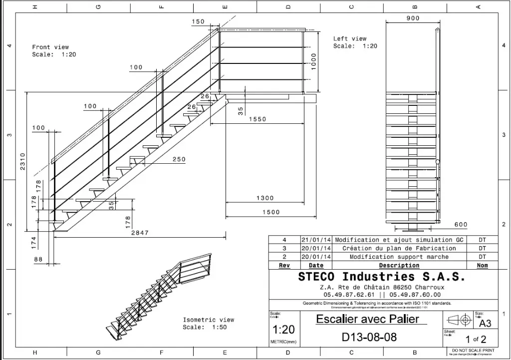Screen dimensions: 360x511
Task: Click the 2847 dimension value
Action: (x=139, y=233)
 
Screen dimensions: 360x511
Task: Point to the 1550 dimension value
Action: (x=258, y=119)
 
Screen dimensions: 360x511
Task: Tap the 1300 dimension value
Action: (x=265, y=198)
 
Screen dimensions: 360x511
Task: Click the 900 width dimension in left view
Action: (x=413, y=18)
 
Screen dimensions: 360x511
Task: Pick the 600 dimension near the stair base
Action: (x=461, y=225)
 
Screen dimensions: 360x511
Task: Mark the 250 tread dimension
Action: (x=178, y=160)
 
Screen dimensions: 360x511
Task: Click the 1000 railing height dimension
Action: (x=313, y=61)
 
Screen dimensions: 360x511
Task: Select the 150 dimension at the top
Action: (x=198, y=21)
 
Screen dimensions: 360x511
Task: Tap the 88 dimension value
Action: (x=38, y=259)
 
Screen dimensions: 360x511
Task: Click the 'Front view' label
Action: (x=50, y=47)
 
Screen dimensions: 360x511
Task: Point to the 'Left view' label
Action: (x=350, y=38)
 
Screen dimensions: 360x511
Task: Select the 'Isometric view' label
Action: (x=208, y=320)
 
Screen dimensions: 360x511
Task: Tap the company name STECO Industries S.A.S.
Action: (x=382, y=277)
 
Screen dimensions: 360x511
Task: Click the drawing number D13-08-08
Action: (x=369, y=337)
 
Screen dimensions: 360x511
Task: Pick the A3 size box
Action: (x=485, y=323)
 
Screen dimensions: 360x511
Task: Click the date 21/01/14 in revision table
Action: (x=316, y=240)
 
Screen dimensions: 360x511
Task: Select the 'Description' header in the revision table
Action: (x=399, y=265)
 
